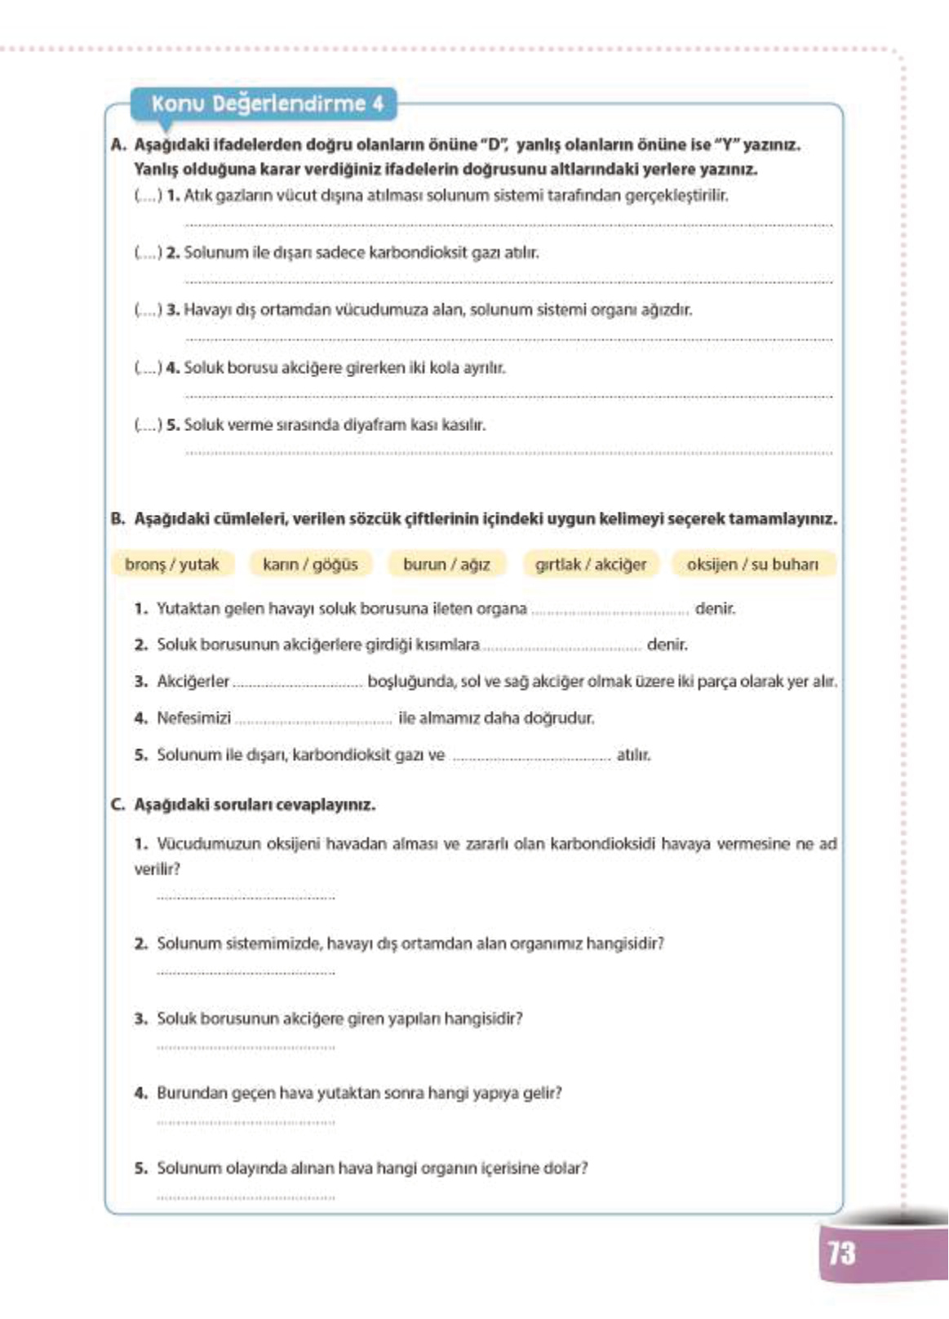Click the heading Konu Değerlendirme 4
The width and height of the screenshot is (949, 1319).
click(x=266, y=104)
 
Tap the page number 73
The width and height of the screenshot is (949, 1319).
click(x=841, y=1252)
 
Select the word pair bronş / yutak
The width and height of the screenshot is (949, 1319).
click(x=172, y=564)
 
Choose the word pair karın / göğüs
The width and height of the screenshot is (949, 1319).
click(x=310, y=564)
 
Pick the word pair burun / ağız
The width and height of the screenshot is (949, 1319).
click(x=446, y=564)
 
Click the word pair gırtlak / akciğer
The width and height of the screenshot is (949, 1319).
click(x=591, y=564)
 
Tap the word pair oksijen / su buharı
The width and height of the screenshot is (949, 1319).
click(x=752, y=564)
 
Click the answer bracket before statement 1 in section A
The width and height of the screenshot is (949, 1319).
click(x=148, y=196)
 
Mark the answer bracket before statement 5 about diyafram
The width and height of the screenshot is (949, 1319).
click(x=148, y=425)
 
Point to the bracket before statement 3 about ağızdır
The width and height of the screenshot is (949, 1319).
click(x=148, y=310)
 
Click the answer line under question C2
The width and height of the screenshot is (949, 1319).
click(x=246, y=972)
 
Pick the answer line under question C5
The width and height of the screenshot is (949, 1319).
click(x=246, y=1197)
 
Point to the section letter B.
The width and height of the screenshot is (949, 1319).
click(x=118, y=519)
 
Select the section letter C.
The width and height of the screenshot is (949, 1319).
click(x=118, y=805)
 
